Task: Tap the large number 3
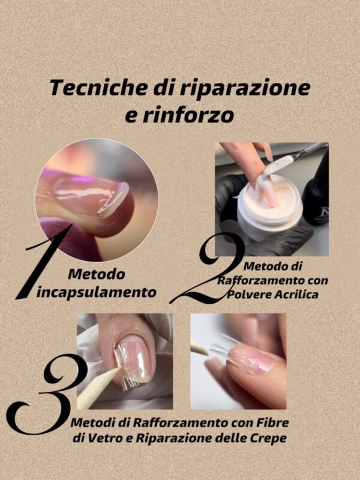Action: [x=46, y=394]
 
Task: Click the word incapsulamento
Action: [x=97, y=292]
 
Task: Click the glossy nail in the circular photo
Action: [x=91, y=197]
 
